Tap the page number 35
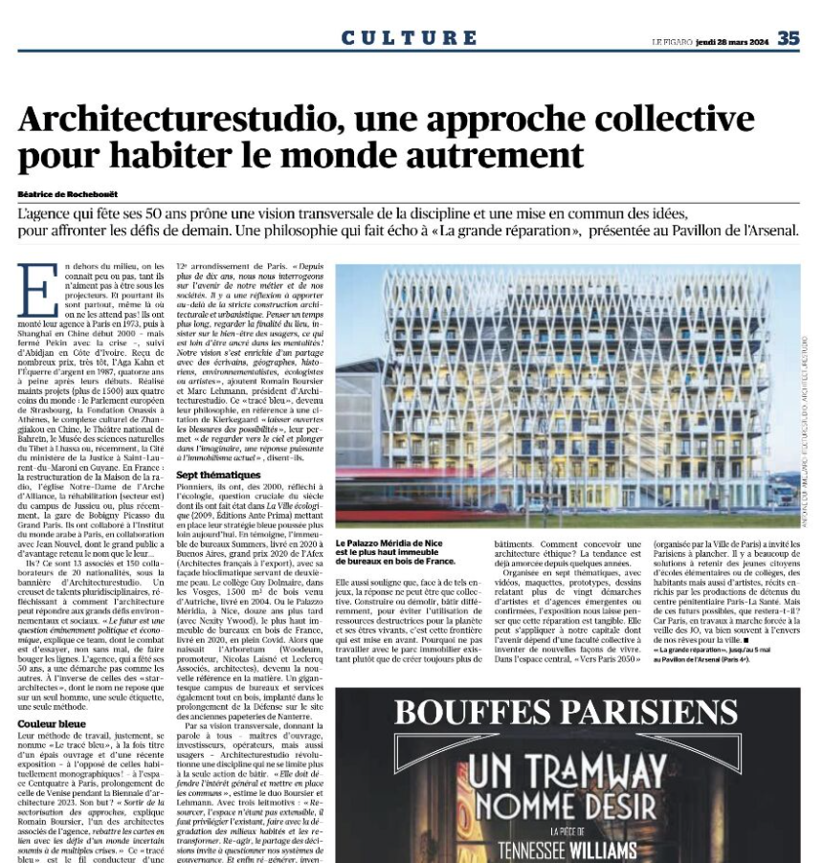tap(788, 38)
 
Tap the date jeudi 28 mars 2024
tap(733, 40)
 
